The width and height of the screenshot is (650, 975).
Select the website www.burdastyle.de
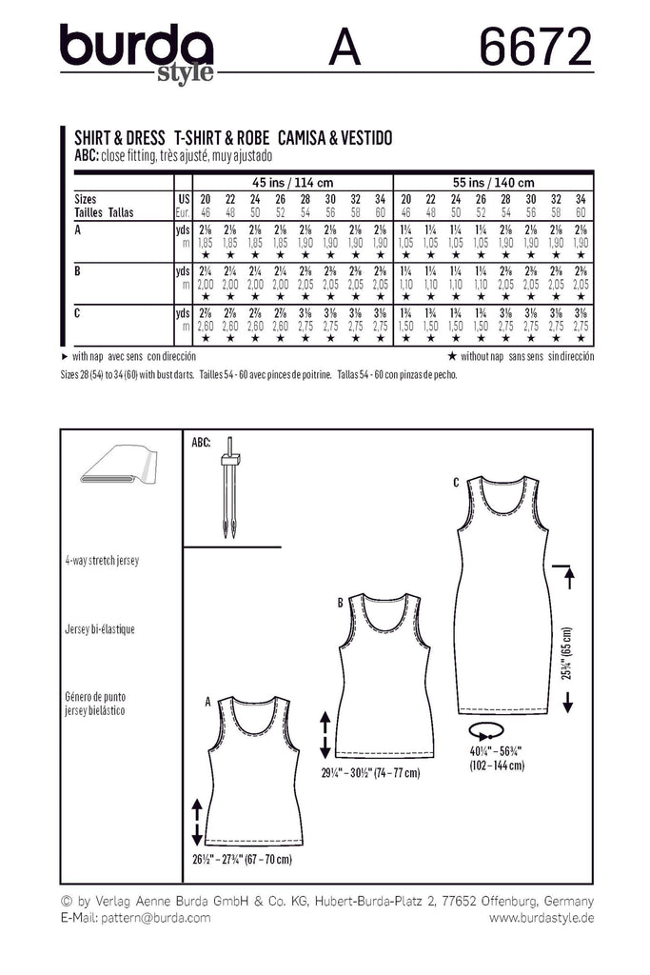click(x=541, y=918)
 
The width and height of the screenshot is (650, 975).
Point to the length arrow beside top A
click(x=197, y=822)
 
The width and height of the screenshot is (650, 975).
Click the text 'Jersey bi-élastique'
click(x=101, y=629)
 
